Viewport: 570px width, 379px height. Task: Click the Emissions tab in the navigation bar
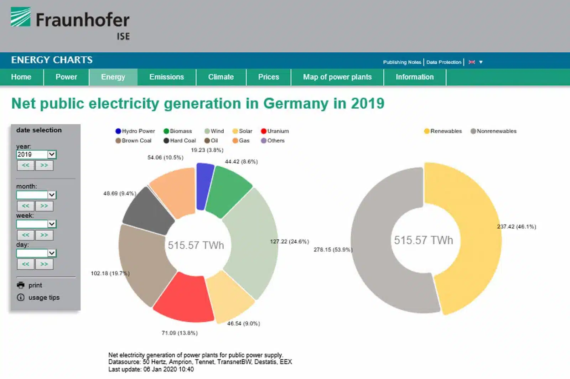(166, 77)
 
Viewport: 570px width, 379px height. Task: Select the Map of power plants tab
(337, 77)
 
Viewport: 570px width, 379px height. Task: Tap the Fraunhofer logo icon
(20, 17)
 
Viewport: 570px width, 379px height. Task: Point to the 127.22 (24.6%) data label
(289, 242)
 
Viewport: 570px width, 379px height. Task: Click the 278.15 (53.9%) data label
(333, 250)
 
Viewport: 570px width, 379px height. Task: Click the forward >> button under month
(44, 206)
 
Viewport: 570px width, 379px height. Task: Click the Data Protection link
(444, 62)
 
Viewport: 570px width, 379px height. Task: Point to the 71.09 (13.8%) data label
(180, 333)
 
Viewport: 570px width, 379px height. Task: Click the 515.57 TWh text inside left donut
(196, 245)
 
